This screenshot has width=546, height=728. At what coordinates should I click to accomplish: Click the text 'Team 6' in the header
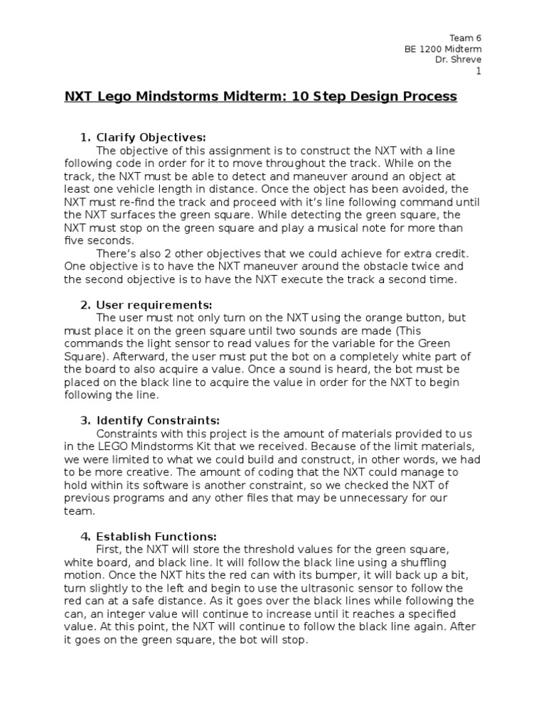466,37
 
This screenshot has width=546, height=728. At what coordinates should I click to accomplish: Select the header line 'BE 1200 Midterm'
443,48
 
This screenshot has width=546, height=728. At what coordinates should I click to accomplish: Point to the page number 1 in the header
478,71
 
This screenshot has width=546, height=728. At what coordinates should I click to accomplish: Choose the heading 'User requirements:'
154,305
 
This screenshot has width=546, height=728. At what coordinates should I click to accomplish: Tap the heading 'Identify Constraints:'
158,420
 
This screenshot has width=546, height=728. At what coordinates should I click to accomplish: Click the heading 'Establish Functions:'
156,537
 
